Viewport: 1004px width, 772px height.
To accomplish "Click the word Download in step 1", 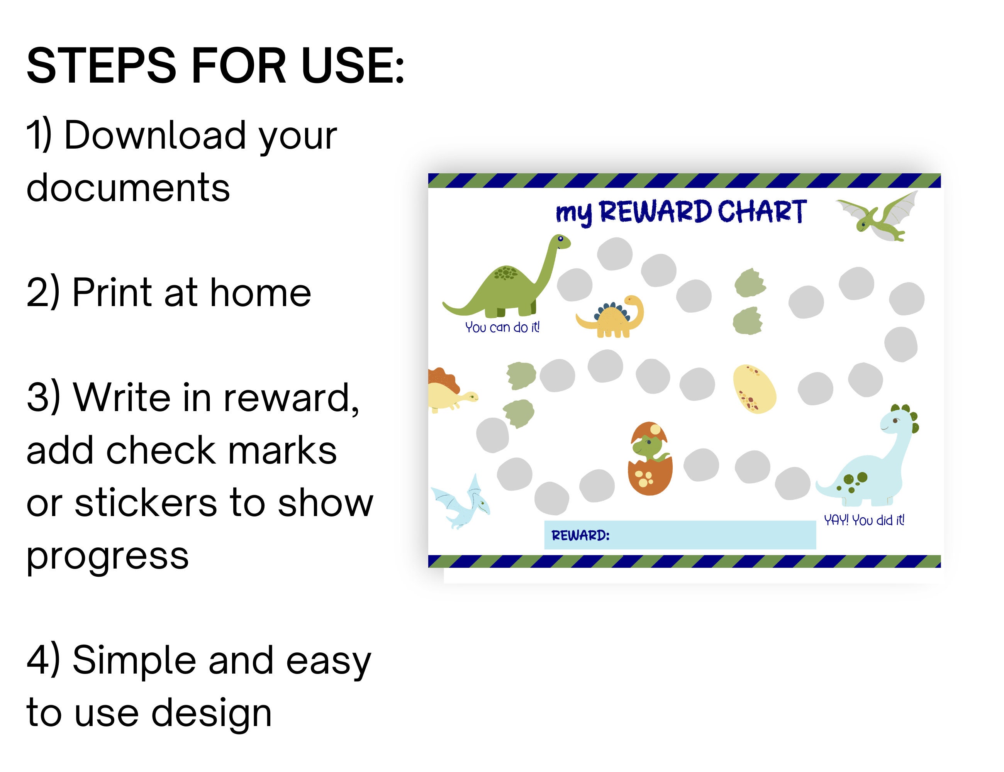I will (x=155, y=135).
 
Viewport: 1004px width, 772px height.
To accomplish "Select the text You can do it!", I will (x=502, y=327).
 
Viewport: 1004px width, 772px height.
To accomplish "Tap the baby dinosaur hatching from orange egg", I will (x=650, y=458).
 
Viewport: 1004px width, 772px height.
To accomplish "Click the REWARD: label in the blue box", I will (x=580, y=535).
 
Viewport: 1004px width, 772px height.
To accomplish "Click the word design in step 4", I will (x=212, y=712).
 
